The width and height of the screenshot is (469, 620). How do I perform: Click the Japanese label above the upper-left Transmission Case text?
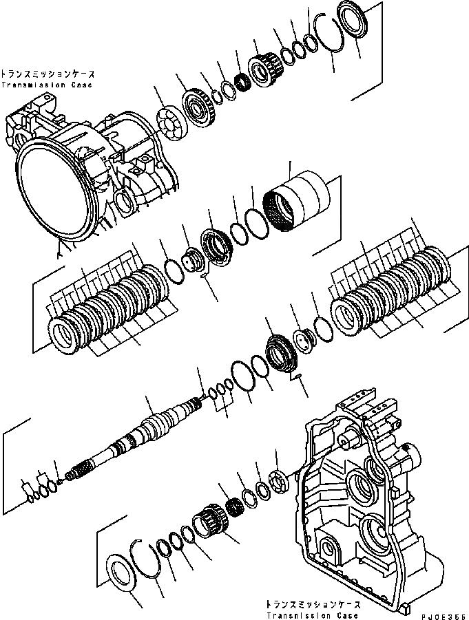pyautogui.click(x=47, y=74)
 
